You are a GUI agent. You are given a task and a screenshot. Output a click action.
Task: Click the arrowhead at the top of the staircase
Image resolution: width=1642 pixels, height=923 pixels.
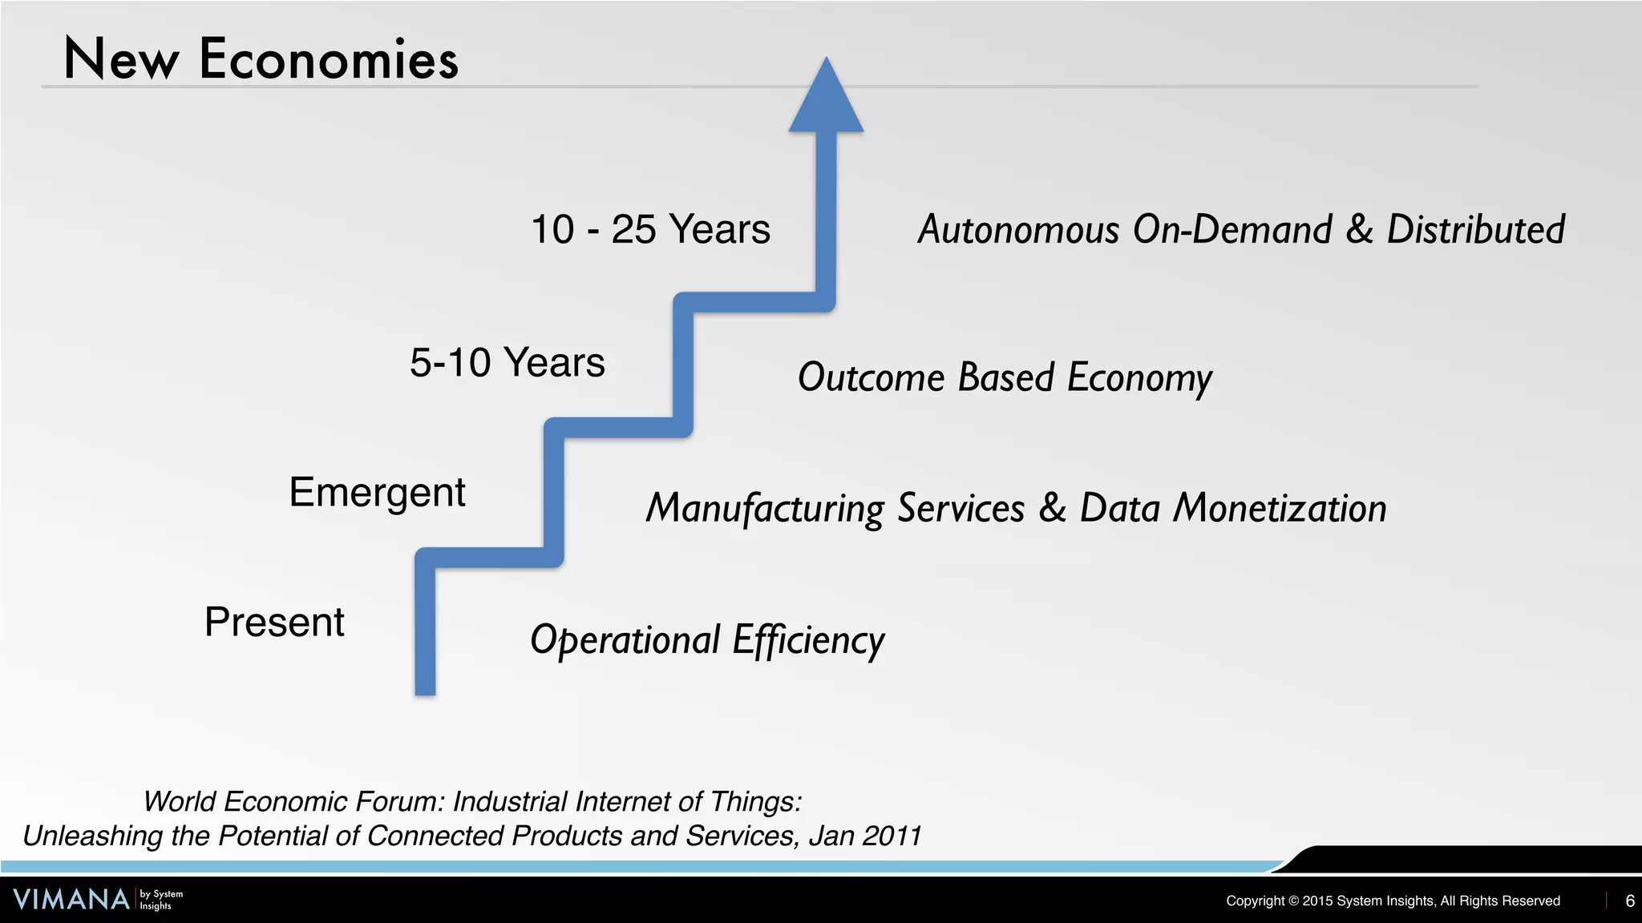[826, 100]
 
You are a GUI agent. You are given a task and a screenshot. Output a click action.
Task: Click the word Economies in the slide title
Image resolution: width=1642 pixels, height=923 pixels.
[329, 60]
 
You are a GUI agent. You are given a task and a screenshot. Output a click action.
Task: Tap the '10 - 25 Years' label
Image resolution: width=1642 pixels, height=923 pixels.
[650, 229]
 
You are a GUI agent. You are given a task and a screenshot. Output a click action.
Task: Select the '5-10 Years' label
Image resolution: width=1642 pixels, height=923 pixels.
[507, 362]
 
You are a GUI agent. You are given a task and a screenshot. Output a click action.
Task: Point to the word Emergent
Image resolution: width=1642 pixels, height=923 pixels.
[377, 492]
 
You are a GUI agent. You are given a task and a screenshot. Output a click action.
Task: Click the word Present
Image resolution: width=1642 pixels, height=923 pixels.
[274, 622]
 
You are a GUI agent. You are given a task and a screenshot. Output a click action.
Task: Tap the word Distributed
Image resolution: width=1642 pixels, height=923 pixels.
[1475, 230]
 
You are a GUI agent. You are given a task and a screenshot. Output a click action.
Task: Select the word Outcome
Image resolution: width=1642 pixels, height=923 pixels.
[871, 377]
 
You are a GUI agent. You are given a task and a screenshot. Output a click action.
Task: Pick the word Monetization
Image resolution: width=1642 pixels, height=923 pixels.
[1280, 508]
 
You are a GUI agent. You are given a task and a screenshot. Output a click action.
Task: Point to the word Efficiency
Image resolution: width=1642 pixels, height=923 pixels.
[808, 640]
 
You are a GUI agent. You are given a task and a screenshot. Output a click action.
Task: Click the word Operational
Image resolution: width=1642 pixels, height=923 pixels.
[625, 640]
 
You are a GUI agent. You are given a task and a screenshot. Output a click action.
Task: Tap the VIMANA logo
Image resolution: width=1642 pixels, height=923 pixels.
[71, 900]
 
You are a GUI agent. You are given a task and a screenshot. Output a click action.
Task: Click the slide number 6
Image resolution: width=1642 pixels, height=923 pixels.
[1629, 901]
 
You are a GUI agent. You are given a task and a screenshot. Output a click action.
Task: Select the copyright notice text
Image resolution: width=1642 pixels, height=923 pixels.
[1393, 901]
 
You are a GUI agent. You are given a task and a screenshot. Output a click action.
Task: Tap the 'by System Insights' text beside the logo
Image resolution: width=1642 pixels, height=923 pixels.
[161, 900]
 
